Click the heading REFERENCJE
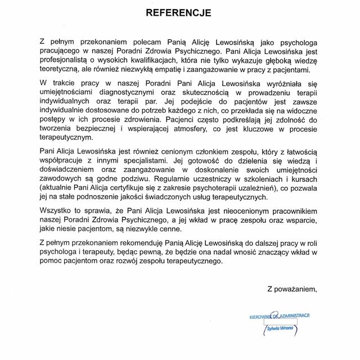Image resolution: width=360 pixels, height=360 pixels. (179, 12)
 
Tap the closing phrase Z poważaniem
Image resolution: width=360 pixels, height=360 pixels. (292, 289)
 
